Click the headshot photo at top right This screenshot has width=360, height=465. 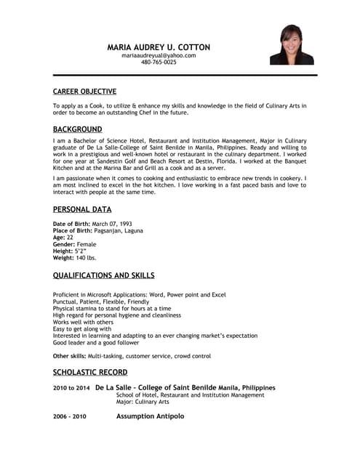pos(292,44)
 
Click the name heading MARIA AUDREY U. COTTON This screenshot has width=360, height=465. pos(159,46)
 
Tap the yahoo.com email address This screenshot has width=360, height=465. pos(159,55)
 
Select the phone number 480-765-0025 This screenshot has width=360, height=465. pos(159,62)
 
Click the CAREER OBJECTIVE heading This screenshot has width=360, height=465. pos(84,92)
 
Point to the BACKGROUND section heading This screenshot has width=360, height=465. pos(77,129)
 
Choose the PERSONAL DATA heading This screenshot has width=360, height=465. pos(82,209)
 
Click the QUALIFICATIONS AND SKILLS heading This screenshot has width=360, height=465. pos(103,275)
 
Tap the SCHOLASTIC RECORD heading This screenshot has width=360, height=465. pos(89,372)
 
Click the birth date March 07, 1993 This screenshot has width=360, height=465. pos(113,224)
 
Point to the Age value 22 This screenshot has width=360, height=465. pos(70,237)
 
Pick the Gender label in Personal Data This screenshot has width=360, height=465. pos(63,244)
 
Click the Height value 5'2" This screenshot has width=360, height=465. pos(81,251)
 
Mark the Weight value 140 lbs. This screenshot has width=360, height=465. pos(86,257)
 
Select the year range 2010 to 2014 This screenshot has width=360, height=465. pos(71,388)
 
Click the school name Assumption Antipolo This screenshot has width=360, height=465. pos(150,416)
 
